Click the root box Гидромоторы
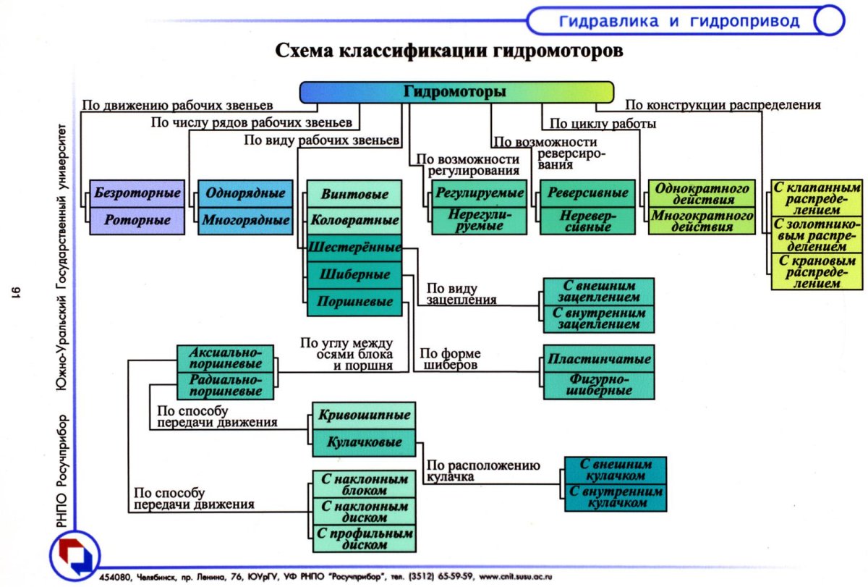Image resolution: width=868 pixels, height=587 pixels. pyautogui.click(x=455, y=92)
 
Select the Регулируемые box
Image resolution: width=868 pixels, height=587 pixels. pyautogui.click(x=479, y=194)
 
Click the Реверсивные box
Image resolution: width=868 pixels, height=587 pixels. pyautogui.click(x=587, y=194)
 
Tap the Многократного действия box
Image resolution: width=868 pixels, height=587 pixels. pyautogui.click(x=702, y=220)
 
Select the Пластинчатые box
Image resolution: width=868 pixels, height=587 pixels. pyautogui.click(x=599, y=359)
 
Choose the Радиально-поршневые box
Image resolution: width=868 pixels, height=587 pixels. pyautogui.click(x=225, y=386)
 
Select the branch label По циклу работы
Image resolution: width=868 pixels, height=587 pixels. pyautogui.click(x=603, y=124)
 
